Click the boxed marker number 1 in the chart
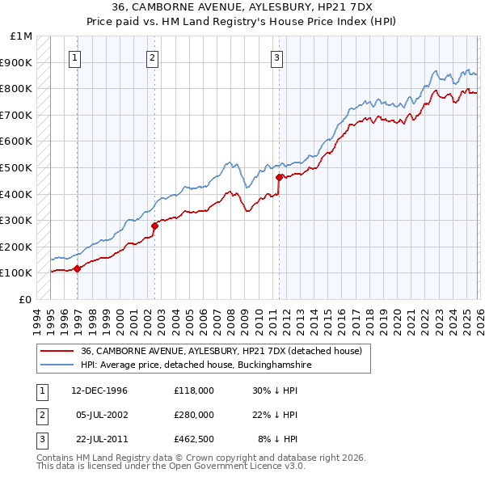[75, 57]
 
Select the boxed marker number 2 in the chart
[152, 57]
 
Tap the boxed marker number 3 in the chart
[276, 57]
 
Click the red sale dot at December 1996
[78, 268]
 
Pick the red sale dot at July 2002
[154, 226]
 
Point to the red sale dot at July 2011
[279, 177]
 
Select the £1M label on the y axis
[22, 36]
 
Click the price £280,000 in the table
[193, 415]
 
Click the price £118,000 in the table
[193, 390]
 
